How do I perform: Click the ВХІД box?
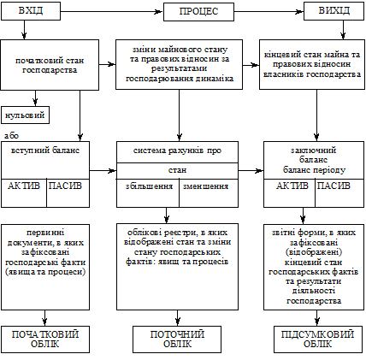31,11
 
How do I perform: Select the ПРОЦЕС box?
198,12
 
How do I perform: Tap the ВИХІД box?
334,11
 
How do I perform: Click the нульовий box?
25,115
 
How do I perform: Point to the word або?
11,136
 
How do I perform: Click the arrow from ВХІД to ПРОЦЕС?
112,12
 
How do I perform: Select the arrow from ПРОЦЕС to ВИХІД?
269,12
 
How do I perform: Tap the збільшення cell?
148,193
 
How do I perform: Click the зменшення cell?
209,193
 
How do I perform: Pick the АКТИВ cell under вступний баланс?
24,193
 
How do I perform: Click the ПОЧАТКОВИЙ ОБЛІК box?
45,339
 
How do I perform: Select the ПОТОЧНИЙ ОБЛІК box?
177,339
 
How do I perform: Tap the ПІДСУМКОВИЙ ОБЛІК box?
317,339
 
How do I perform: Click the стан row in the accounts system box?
177,171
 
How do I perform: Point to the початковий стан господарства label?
50,65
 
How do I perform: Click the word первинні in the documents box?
45,233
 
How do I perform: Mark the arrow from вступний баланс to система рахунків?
103,171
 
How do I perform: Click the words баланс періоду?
314,170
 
